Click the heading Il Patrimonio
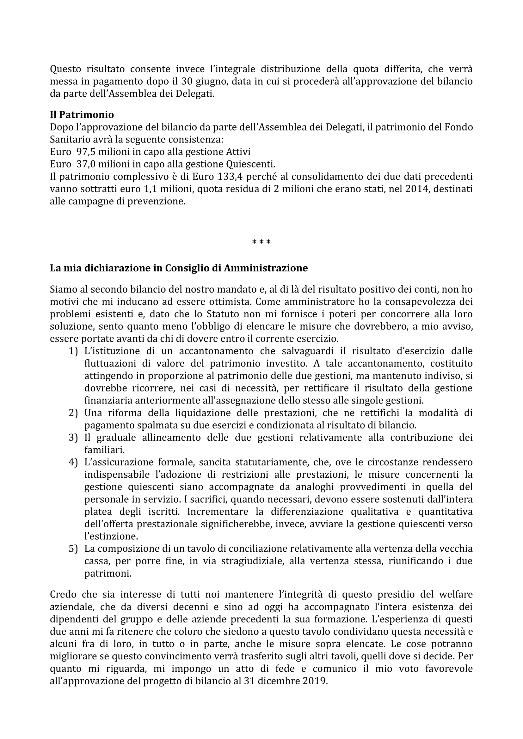pyautogui.click(x=82, y=115)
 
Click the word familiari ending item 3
pyautogui.click(x=104, y=450)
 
